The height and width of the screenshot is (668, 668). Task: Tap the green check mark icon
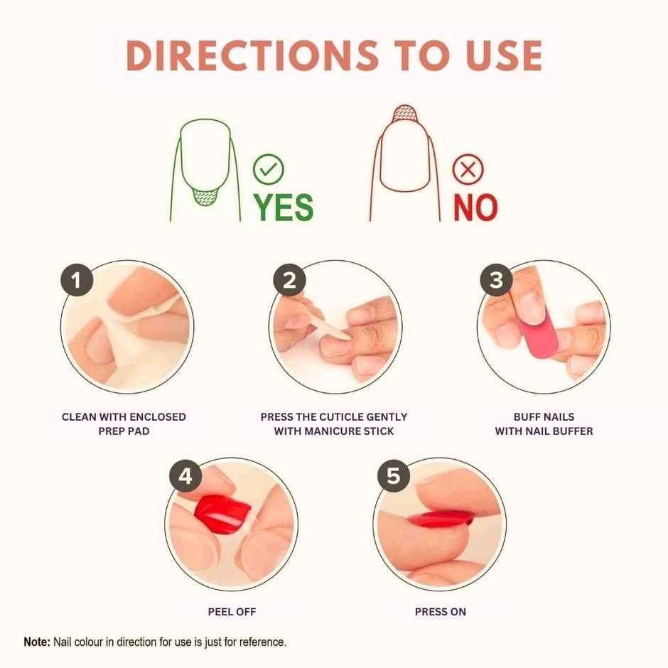269,170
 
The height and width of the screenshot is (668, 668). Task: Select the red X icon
468,170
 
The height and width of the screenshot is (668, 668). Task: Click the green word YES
284,207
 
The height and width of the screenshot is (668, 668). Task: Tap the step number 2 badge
289,281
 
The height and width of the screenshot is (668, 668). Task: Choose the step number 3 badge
496,281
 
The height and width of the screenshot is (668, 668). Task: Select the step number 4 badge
185,477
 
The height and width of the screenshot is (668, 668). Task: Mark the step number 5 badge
393,477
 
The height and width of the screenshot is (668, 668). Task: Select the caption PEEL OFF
232,611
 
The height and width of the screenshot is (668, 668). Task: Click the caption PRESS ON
441,611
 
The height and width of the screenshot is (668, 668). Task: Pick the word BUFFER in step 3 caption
573,431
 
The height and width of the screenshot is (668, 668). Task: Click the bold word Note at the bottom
37,642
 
